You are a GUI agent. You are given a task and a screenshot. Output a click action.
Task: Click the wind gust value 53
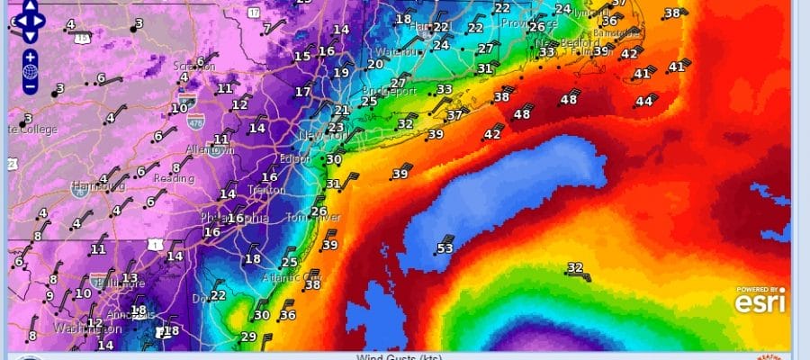click(445, 248)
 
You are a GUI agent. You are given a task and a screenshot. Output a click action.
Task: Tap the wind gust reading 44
click(643, 102)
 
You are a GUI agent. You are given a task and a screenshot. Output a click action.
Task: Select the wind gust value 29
click(248, 337)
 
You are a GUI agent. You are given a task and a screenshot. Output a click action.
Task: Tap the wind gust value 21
click(341, 111)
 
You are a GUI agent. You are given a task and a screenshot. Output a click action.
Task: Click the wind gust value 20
click(375, 64)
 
